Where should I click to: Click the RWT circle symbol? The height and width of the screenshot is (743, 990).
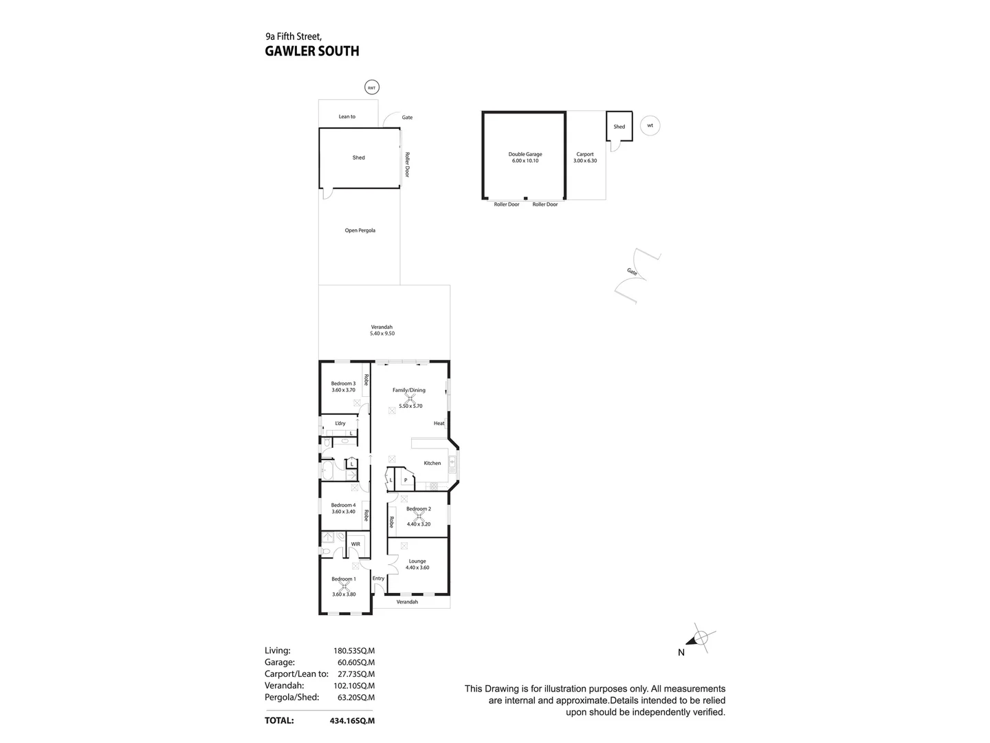click(x=372, y=87)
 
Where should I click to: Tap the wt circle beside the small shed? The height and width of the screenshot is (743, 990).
click(x=650, y=126)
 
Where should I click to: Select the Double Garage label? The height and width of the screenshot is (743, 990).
click(x=525, y=154)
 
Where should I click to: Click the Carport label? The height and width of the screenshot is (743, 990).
click(x=585, y=154)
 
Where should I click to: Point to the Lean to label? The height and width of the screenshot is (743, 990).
click(x=347, y=117)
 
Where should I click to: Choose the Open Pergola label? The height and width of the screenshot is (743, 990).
click(x=360, y=230)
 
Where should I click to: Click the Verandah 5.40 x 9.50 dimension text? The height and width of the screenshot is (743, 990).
click(x=382, y=334)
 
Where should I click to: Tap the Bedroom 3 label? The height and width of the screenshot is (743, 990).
click(x=343, y=384)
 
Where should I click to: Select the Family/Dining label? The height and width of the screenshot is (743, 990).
click(x=409, y=390)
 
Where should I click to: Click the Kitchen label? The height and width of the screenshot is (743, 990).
click(x=432, y=463)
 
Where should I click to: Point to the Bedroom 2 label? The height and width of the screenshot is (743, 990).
click(x=419, y=509)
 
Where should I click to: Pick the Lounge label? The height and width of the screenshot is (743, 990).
click(x=417, y=561)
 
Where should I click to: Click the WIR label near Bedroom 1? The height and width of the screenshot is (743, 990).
click(x=355, y=544)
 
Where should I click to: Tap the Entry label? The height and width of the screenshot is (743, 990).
click(x=378, y=579)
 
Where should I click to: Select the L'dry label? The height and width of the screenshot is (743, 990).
click(x=340, y=423)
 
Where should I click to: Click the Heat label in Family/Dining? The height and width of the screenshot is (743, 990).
click(x=439, y=423)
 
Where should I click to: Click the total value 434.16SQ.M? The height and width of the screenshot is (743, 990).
click(x=352, y=721)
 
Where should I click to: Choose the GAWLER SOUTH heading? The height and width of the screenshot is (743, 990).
click(x=312, y=51)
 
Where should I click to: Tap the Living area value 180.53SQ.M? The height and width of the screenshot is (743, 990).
click(x=354, y=651)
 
